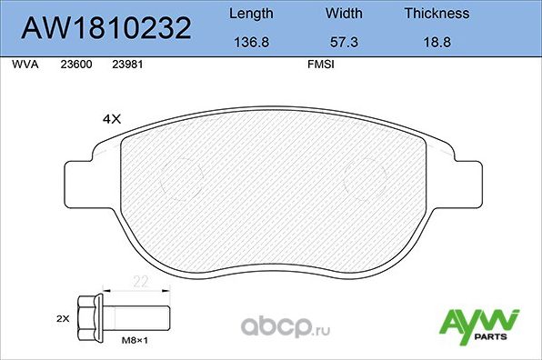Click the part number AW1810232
(x=105, y=28)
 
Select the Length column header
(x=251, y=14)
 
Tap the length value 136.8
(x=251, y=42)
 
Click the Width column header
(x=344, y=14)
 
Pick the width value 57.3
(x=344, y=42)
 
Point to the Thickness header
(x=437, y=14)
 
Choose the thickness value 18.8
(x=437, y=42)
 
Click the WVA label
(x=25, y=65)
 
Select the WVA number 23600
(x=76, y=65)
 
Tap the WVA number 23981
(x=127, y=65)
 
